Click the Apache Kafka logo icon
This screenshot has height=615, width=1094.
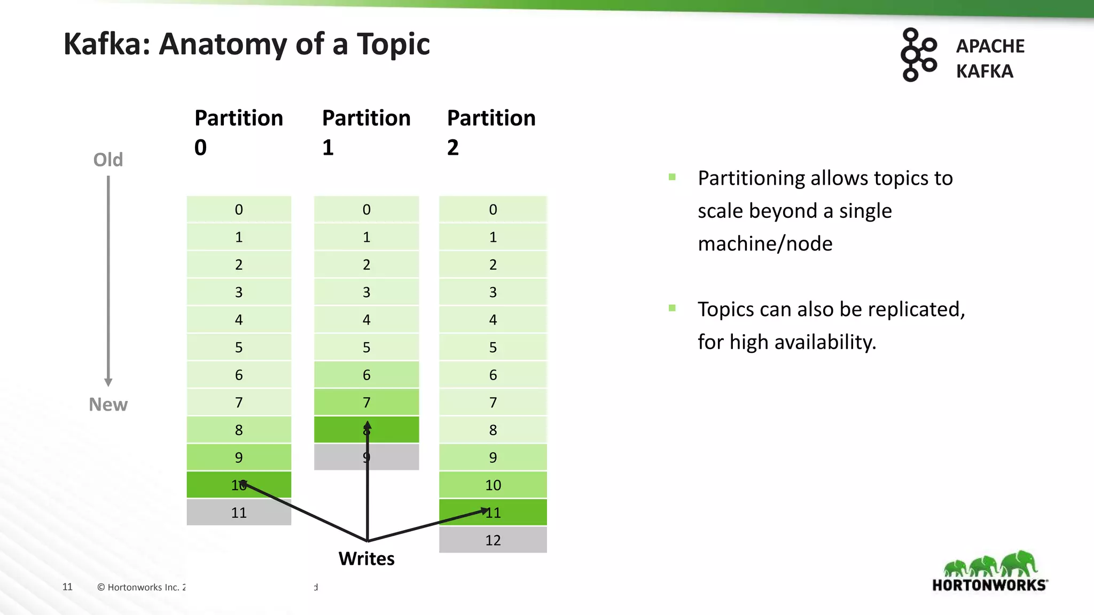[x=918, y=55]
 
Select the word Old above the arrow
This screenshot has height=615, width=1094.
[x=108, y=160]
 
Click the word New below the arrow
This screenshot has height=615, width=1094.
[x=108, y=405]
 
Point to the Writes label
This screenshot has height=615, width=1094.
[x=366, y=558]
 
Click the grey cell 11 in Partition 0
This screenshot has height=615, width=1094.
[x=239, y=512]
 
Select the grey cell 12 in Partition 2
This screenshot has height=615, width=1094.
[x=493, y=540]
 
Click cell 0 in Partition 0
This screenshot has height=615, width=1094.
[x=239, y=209]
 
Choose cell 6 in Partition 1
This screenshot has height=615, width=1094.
[x=366, y=375]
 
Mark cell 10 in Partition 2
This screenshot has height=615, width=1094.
[x=493, y=485]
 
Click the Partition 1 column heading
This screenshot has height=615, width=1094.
[x=366, y=131]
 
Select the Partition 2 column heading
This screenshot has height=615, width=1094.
[x=491, y=131]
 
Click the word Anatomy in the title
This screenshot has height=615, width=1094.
[x=223, y=44]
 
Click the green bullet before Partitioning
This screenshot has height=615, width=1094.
[x=672, y=177]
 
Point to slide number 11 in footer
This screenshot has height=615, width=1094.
[x=67, y=587]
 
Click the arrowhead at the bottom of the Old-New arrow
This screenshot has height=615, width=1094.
[x=108, y=382]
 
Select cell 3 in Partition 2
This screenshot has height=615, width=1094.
[x=493, y=292]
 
